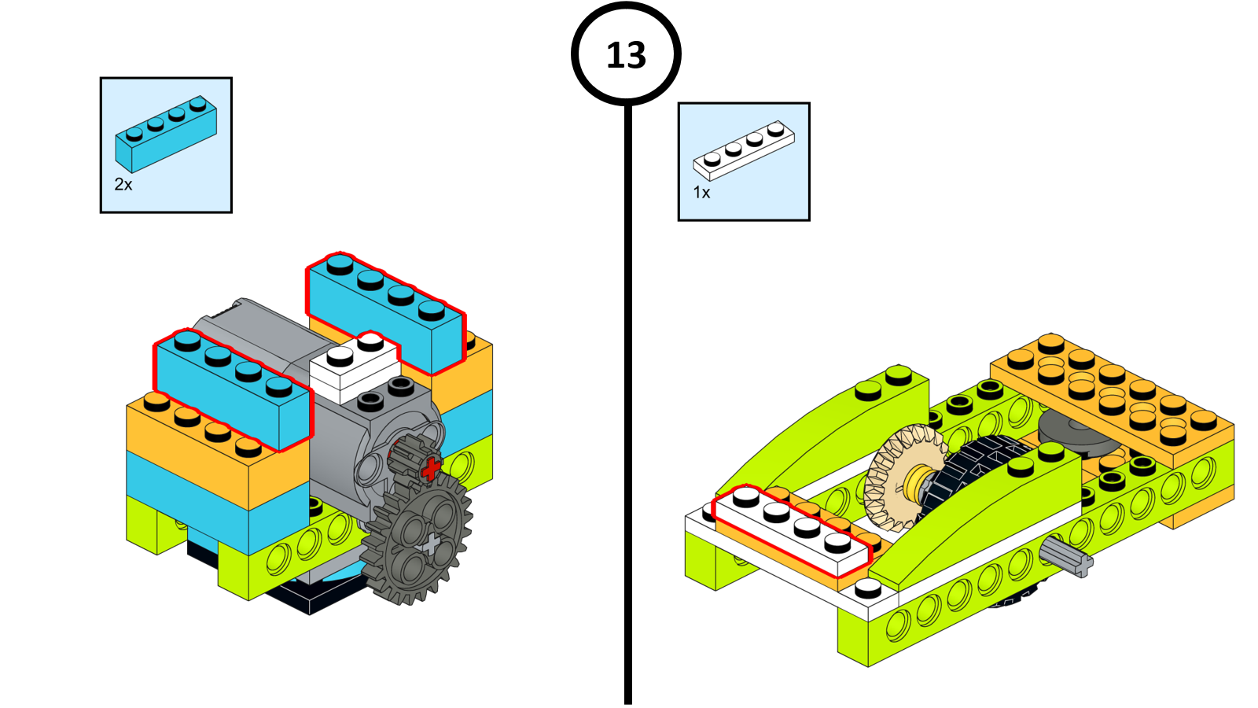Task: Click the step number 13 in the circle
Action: point(626,55)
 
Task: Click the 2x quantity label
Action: point(123,185)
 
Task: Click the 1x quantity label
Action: point(701,193)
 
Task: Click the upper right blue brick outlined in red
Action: point(385,315)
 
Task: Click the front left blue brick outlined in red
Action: point(233,389)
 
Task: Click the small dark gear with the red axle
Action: point(410,456)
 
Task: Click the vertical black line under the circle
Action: point(627,393)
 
